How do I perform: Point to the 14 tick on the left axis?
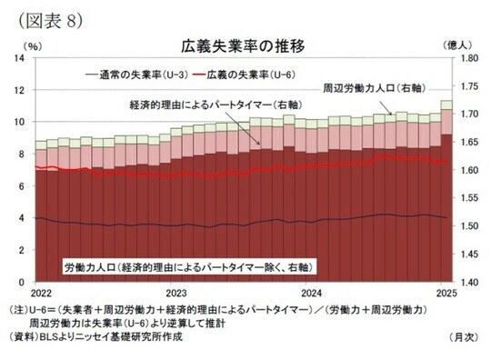coord(19,58)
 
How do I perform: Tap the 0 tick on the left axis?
coord(22,282)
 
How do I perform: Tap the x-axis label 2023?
coord(175,294)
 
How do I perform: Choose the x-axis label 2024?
coord(312,294)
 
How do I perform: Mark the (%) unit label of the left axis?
coord(33,44)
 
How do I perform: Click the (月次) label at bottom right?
coord(463,336)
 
